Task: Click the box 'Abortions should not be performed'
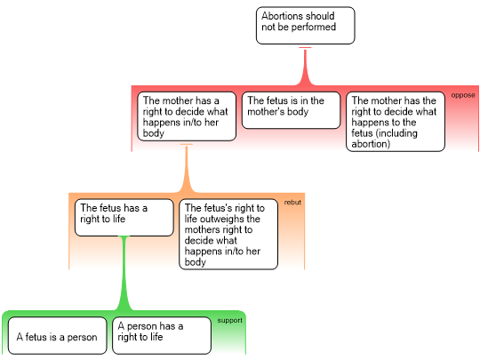coord(306,26)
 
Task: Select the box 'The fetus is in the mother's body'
coord(292,110)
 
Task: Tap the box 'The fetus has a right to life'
coord(124,218)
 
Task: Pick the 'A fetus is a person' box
coord(58,335)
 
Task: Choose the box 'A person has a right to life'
coord(162,335)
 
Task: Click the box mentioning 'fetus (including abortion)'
coord(396,122)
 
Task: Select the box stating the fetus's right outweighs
coord(228,234)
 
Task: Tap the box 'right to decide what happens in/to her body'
coord(187,116)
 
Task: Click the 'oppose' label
coord(463,95)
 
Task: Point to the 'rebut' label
coord(292,203)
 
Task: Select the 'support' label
coord(229,320)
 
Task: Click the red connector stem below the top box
coord(305,66)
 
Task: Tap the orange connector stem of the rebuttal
coord(187,168)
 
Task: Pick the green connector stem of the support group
coord(124,273)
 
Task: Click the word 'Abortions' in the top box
coord(283,16)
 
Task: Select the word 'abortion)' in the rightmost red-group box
coord(371,144)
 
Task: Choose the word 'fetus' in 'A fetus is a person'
coord(36,337)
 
